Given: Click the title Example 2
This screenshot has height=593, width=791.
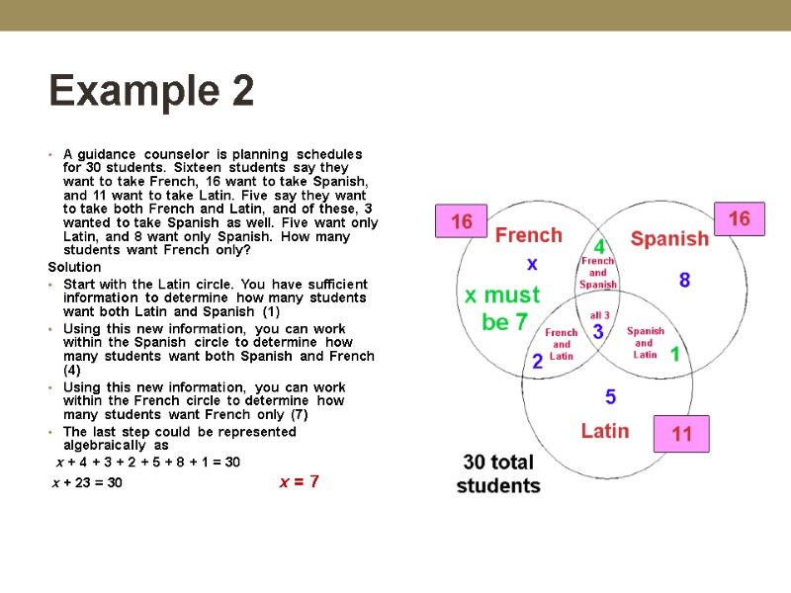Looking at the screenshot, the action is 151,92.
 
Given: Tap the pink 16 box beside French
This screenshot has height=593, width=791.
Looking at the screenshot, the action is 462,221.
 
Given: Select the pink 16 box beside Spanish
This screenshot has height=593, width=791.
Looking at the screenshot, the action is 739,218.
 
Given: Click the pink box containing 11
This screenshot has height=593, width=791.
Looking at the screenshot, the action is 682,433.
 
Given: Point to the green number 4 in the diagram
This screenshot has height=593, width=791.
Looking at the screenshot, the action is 598,244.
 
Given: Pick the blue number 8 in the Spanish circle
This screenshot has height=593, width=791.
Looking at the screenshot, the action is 684,280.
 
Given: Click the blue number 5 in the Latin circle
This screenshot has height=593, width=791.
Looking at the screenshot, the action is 610,397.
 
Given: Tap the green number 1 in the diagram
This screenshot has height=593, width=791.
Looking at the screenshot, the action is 675,353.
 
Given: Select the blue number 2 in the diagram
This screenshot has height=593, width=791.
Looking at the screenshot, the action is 538,361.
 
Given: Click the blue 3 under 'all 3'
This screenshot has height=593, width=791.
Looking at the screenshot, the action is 598,332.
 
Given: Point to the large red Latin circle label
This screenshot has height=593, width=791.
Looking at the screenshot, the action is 605,431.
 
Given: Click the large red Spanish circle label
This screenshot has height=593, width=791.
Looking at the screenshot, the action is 669,238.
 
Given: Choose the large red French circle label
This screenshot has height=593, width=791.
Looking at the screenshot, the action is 528,235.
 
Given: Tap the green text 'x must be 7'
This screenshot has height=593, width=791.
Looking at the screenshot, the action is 503,307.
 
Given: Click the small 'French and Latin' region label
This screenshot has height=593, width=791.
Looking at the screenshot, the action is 562,344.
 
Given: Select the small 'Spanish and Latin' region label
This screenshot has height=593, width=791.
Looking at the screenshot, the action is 645,342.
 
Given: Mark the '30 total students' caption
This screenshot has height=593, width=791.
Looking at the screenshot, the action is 498,473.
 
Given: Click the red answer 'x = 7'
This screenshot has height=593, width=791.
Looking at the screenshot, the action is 299,481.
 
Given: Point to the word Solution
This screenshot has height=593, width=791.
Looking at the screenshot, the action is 75,267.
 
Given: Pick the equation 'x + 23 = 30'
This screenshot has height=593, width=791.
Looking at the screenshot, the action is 87,482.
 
